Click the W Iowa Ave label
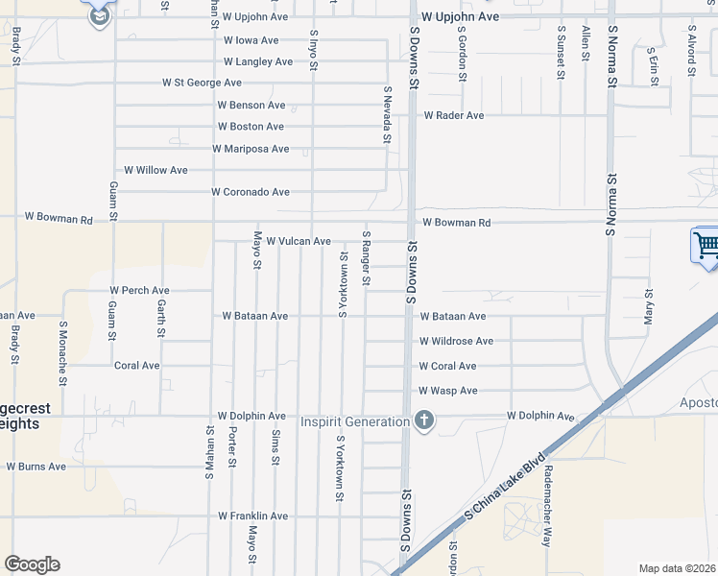[x=251, y=40]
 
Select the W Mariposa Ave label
[x=250, y=149]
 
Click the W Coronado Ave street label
[x=251, y=192]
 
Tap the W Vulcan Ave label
[x=299, y=241]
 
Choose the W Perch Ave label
[x=139, y=290]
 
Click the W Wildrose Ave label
[x=456, y=341]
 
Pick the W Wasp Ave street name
[x=447, y=391]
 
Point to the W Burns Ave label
[x=36, y=467]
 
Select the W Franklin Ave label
[x=253, y=516]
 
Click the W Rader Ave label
[x=454, y=115]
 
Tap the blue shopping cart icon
[x=706, y=245]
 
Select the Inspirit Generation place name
[x=355, y=421]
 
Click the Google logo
[x=32, y=564]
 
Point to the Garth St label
[x=160, y=318]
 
